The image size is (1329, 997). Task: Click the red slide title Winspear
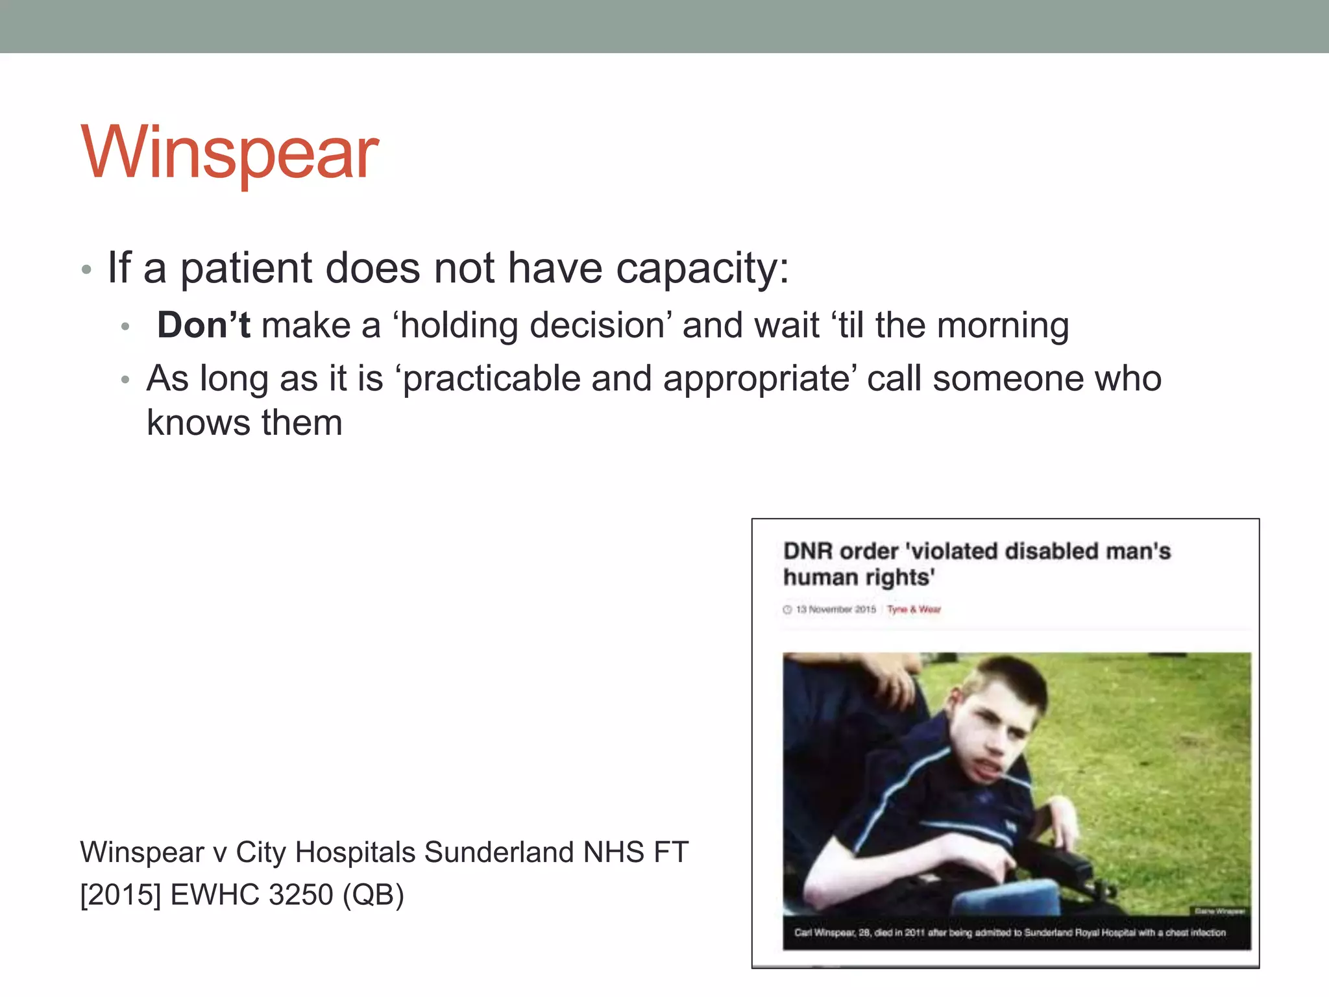[230, 153]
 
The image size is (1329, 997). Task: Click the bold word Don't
[203, 325]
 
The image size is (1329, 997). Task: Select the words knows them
[245, 423]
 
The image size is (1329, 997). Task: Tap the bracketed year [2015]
[121, 895]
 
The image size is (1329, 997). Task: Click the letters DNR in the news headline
[807, 552]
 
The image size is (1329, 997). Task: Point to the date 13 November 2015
[835, 609]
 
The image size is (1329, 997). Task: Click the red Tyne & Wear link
[914, 609]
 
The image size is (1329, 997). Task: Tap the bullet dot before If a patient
[86, 270]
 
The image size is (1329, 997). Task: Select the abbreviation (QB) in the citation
[373, 895]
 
